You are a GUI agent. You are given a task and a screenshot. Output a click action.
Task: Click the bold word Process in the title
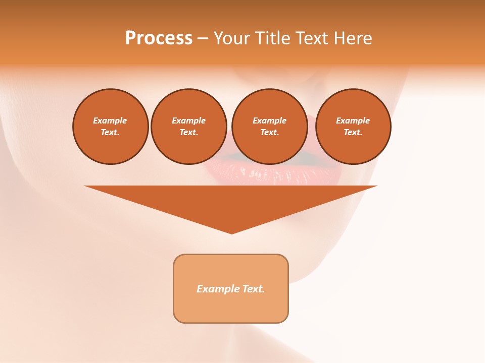(159, 38)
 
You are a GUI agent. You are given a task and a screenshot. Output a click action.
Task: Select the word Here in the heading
(352, 38)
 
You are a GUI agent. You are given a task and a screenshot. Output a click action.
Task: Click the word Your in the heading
(232, 38)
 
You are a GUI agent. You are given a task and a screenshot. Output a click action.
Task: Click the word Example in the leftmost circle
(110, 120)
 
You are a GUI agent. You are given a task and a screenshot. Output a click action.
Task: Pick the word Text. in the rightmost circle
(353, 132)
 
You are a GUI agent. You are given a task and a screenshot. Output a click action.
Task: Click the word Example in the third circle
(269, 120)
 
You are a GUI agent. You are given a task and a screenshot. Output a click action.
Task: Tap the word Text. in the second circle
(189, 132)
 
